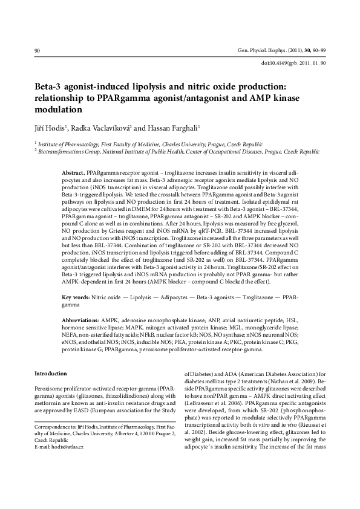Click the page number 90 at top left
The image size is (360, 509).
[38, 51]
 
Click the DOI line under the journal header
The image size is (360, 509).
[293, 63]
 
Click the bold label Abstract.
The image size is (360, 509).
[74, 173]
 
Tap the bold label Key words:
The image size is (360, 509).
[76, 298]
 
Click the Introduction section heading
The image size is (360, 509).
[51, 373]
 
